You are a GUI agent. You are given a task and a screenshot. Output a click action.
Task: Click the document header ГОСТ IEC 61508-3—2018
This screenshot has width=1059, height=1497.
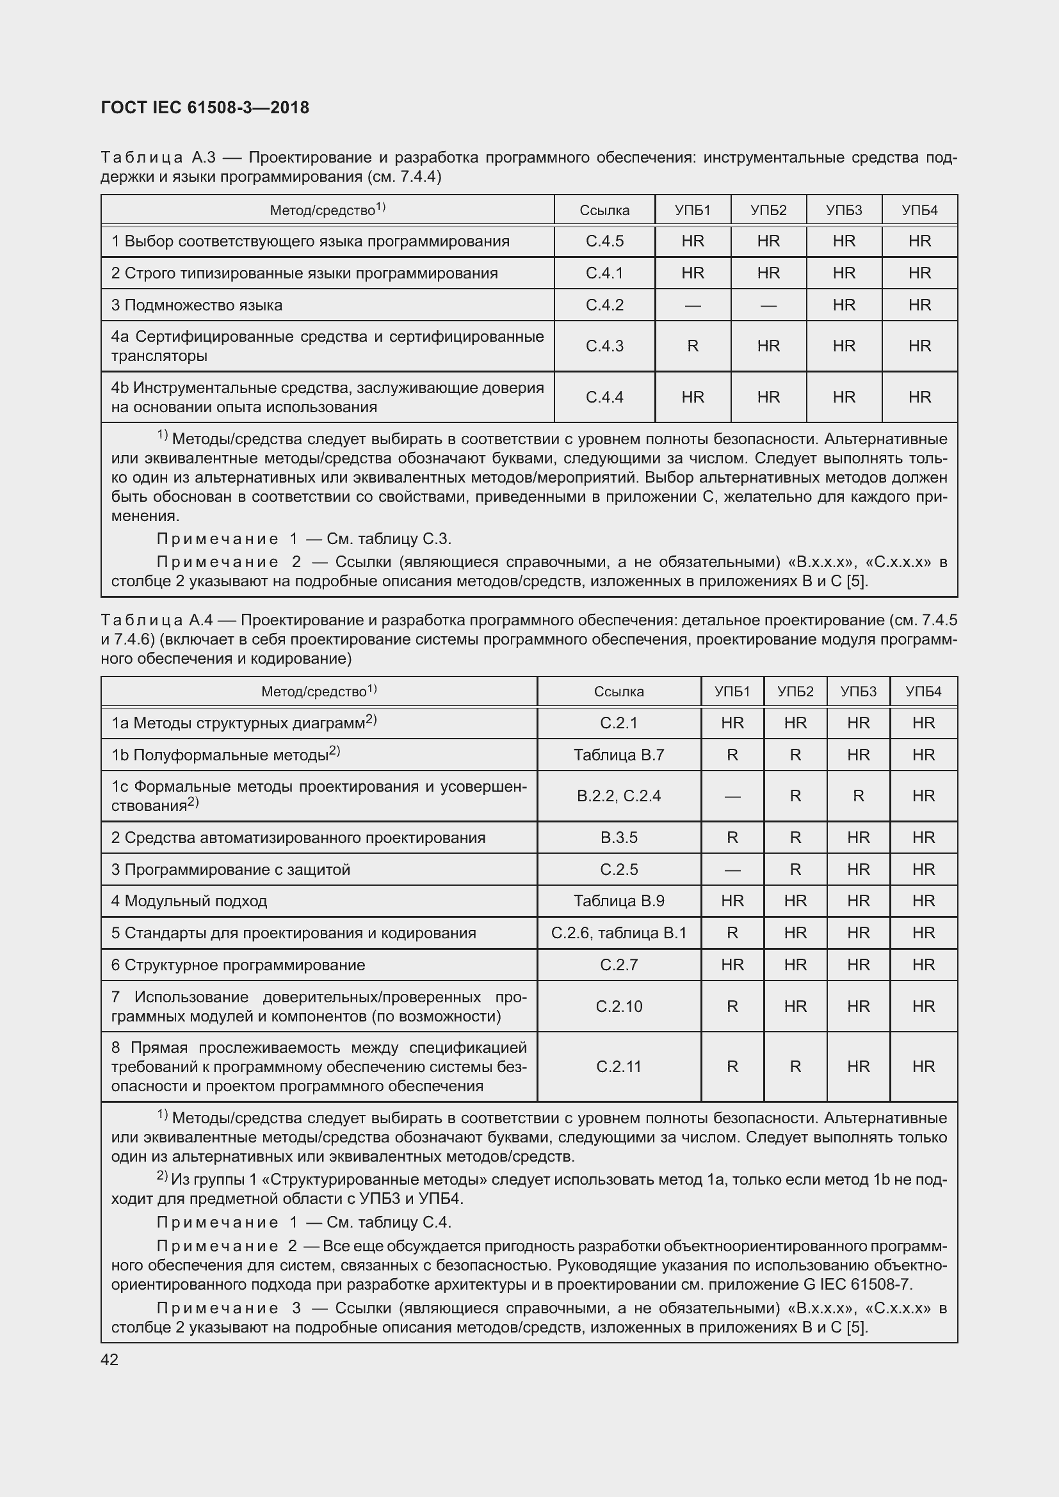205,108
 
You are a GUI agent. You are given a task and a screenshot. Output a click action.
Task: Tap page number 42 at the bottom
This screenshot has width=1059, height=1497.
109,1359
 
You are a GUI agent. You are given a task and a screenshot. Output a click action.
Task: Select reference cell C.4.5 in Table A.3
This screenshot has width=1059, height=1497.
604,241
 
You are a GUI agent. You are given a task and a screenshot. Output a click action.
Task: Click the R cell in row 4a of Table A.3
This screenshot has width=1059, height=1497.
693,346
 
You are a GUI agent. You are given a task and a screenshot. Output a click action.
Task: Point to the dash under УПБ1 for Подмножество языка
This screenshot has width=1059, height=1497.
693,305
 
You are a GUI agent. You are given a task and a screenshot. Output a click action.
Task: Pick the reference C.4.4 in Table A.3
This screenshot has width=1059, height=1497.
604,397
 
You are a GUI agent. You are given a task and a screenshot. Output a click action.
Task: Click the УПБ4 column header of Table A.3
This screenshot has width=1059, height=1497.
919,210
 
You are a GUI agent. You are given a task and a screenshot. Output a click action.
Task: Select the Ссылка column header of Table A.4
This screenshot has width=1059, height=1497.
618,692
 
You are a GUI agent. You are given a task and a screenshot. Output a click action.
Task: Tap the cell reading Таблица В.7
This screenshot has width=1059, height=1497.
618,755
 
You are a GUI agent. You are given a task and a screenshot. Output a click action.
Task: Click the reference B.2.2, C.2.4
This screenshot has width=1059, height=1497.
618,796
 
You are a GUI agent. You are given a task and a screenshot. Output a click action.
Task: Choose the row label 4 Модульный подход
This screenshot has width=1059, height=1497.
189,901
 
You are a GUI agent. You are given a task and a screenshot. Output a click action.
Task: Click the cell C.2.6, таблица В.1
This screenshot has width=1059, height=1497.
618,933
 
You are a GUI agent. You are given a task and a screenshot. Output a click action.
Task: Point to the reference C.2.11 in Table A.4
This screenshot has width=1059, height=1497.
618,1067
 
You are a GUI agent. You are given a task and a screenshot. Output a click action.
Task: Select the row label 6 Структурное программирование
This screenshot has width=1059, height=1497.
238,965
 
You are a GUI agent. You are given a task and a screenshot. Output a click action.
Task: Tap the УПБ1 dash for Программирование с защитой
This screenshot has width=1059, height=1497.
732,870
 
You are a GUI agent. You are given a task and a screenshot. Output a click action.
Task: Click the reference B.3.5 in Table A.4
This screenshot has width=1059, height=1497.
618,838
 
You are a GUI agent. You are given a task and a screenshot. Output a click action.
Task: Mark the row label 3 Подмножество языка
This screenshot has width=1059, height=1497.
197,305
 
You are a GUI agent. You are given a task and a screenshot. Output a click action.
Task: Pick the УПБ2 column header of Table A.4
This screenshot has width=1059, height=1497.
795,692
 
